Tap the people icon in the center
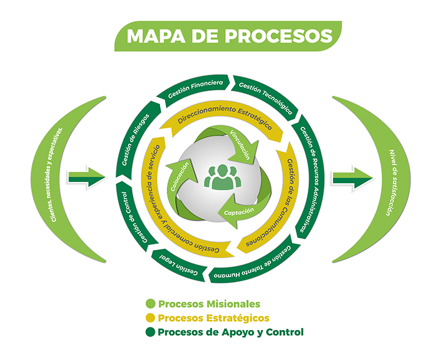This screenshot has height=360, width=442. [x=221, y=176]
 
